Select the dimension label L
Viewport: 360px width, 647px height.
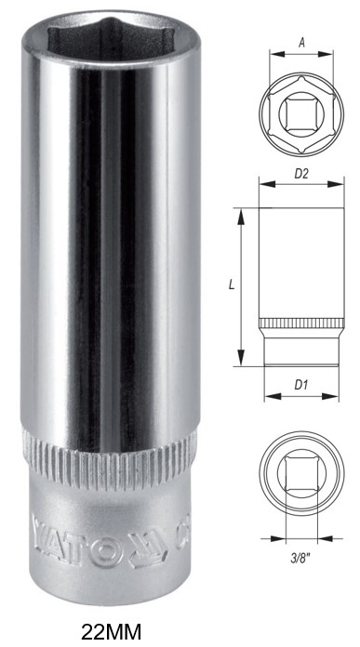[x=230, y=287]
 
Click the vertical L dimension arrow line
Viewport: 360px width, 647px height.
[x=241, y=287]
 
